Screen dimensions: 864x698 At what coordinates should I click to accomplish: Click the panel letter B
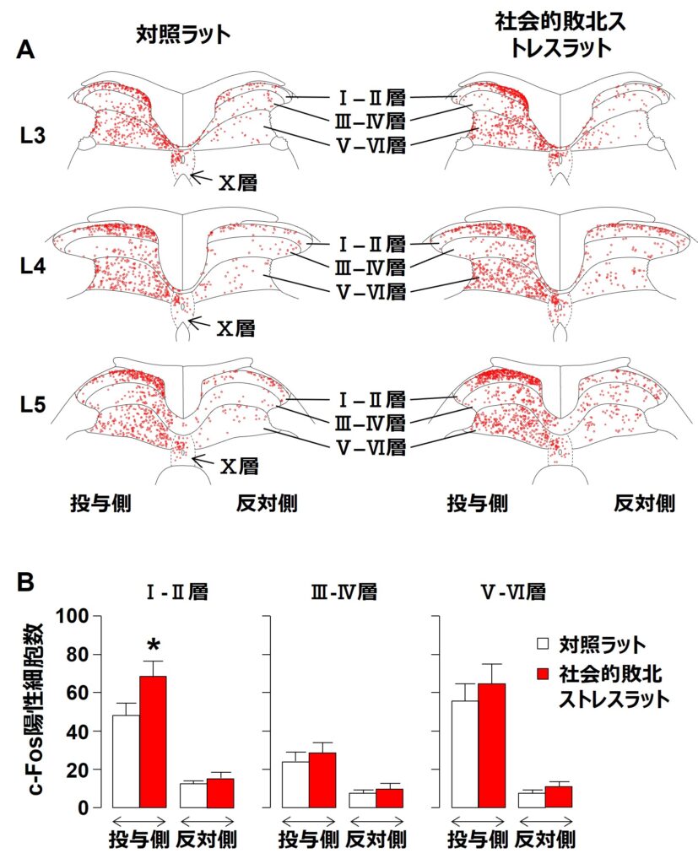coord(26,581)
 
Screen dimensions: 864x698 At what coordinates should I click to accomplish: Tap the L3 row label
coord(35,136)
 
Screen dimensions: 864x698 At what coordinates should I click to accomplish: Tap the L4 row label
coord(35,267)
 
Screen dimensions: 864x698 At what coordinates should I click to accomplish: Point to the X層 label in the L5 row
coord(239,465)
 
